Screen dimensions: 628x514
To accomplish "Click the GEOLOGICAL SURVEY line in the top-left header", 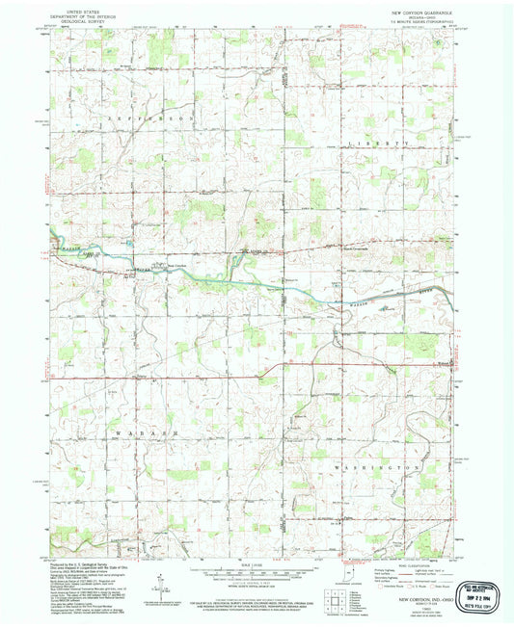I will click(x=81, y=22).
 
